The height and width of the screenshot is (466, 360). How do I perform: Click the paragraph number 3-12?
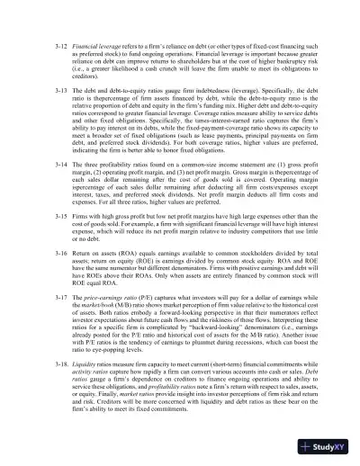tap(63, 42)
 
